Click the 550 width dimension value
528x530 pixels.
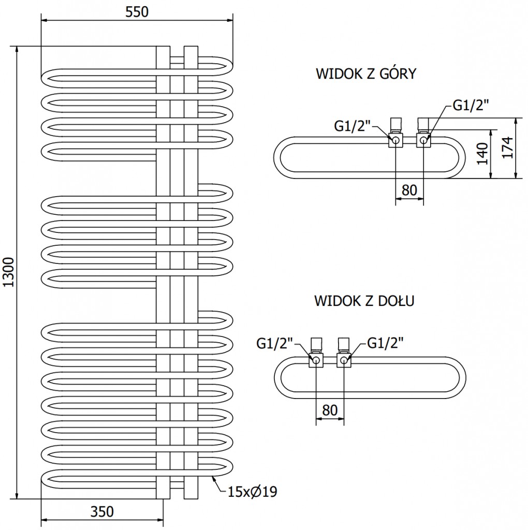tap(137, 12)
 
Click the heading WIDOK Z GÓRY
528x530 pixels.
tap(366, 74)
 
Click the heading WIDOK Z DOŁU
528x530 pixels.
tap(363, 301)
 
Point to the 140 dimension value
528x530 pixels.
tap(482, 154)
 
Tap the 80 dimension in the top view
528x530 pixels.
tap(409, 190)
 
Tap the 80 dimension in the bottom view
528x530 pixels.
tap(330, 410)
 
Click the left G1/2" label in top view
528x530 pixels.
tap(352, 125)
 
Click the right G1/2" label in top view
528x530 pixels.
tap(471, 106)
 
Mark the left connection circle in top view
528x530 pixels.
tap(396, 140)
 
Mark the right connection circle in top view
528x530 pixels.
tap(424, 140)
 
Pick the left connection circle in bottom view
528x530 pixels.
tap(316, 360)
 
